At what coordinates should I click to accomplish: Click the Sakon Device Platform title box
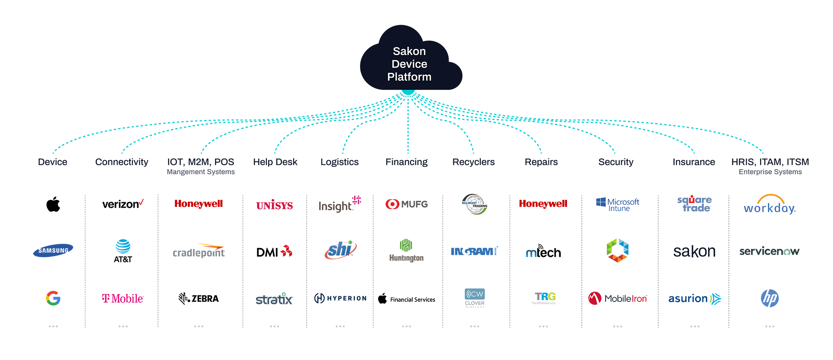tap(410, 64)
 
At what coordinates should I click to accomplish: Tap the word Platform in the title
tap(410, 77)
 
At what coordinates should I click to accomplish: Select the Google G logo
tap(53, 298)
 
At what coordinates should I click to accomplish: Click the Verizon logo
tap(121, 203)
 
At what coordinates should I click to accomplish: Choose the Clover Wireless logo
tap(475, 298)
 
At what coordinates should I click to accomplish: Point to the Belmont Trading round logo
tap(475, 203)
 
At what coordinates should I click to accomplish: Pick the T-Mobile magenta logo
tap(121, 298)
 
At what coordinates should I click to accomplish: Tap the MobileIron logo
tap(619, 298)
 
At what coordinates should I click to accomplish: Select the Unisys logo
tap(693, 252)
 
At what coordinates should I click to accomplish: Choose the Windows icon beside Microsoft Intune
tap(601, 202)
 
